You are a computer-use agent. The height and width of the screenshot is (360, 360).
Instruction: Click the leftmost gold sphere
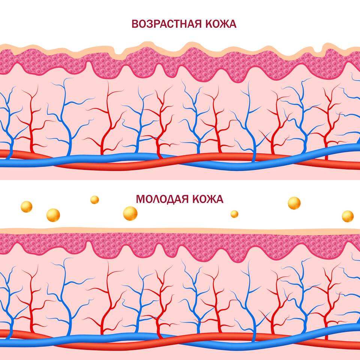click(x=26, y=207)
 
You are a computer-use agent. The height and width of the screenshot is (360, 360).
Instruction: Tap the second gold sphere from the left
click(x=53, y=215)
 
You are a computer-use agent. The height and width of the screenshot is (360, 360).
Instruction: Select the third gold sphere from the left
click(x=94, y=200)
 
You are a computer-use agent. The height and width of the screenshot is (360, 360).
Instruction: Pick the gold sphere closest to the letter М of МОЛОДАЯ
click(x=130, y=213)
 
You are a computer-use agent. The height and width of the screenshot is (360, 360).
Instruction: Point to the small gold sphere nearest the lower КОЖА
click(x=234, y=214)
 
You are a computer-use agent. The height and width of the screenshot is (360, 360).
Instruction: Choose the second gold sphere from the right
click(x=294, y=203)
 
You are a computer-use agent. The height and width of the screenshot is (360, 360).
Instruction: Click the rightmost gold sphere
click(x=348, y=216)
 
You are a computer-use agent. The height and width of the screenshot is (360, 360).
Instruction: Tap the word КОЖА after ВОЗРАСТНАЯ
click(x=221, y=24)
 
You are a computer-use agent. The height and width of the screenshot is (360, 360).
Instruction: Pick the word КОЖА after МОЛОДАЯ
click(x=208, y=199)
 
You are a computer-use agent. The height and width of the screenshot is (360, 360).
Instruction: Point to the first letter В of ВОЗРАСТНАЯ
click(x=135, y=24)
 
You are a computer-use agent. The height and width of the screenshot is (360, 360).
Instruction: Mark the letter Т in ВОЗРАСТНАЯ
click(x=175, y=24)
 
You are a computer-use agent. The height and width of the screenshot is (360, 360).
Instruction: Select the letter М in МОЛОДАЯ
click(x=141, y=199)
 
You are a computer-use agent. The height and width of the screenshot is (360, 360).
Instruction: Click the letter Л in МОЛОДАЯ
click(x=159, y=199)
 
